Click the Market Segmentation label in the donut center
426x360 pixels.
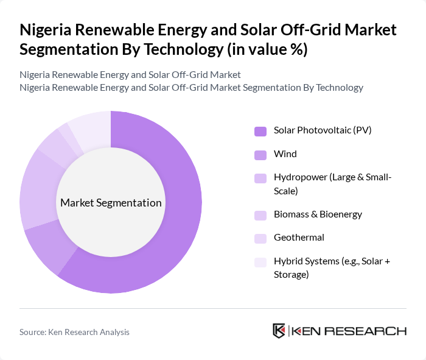pyautogui.click(x=111, y=203)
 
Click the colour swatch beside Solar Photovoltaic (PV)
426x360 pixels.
pyautogui.click(x=260, y=131)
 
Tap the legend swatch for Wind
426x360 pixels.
pyautogui.click(x=260, y=155)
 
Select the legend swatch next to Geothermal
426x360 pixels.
pyautogui.click(x=260, y=238)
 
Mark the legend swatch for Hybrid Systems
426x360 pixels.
pyautogui.click(x=260, y=262)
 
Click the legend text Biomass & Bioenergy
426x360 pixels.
pyautogui.click(x=318, y=214)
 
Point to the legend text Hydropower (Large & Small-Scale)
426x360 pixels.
pyautogui.click(x=333, y=184)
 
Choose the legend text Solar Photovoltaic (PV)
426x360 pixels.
pyautogui.click(x=323, y=130)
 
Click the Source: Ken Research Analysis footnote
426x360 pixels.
pyautogui.click(x=74, y=332)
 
